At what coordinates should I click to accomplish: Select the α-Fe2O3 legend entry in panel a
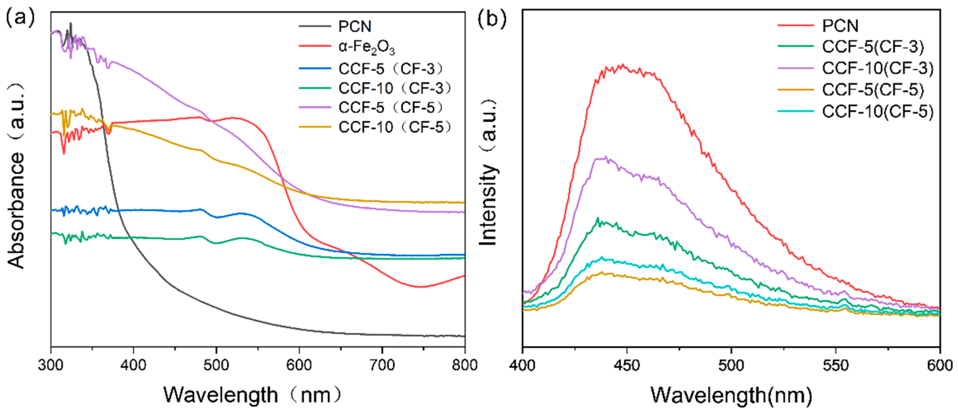[366, 48]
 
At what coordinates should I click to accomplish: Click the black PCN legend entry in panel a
[355, 27]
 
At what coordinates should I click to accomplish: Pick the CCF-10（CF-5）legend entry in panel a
[395, 127]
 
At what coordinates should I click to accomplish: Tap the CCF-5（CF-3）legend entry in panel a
[391, 69]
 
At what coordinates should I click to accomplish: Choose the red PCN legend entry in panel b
[840, 26]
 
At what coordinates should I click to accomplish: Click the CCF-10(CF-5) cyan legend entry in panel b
[878, 111]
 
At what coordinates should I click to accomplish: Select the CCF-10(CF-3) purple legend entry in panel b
[878, 69]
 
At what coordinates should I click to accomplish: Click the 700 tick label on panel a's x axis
[382, 365]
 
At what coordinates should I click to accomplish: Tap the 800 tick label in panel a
[464, 365]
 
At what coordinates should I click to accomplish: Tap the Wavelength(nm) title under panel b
[731, 395]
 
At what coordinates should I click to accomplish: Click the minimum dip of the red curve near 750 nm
[420, 287]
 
